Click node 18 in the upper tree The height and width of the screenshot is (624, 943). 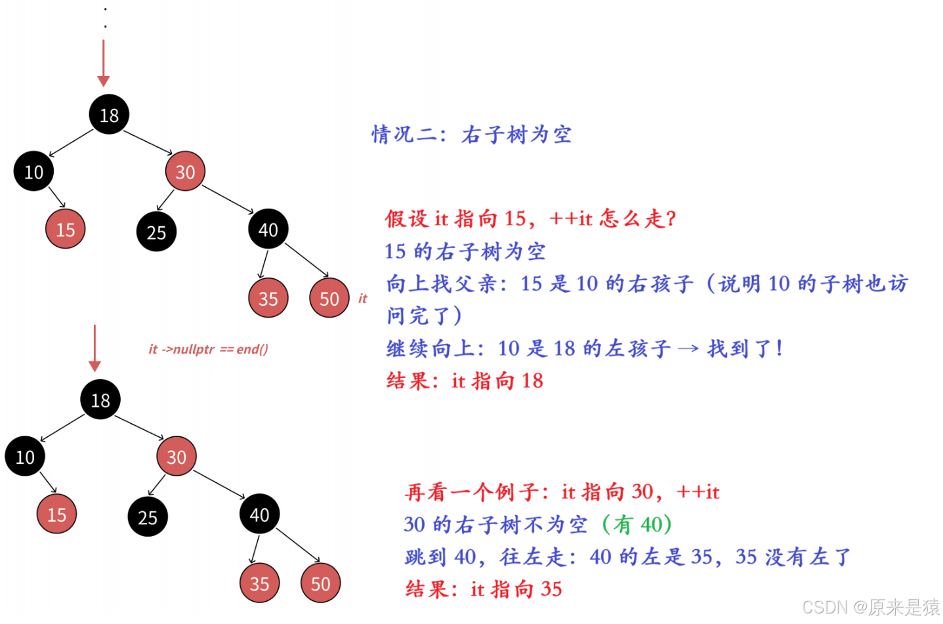coord(109,115)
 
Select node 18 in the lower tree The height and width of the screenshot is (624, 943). coord(100,399)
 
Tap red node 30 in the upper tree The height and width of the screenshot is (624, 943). coord(185,171)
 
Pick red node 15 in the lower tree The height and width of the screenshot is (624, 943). coord(57,514)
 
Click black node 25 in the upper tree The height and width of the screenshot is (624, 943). coord(156,232)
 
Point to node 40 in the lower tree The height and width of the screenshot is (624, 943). coord(259,514)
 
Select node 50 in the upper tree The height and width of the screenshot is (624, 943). coord(329,298)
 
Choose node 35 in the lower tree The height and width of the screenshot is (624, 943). coord(259,583)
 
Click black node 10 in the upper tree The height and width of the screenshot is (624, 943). coord(33,171)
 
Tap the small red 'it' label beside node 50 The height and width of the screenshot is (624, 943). coord(362,299)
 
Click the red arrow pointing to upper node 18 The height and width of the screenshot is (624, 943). coord(104,64)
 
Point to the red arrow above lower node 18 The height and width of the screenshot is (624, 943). coord(94,348)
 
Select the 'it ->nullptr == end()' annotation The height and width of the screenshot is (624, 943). coord(209,349)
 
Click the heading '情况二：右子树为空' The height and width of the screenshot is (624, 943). coord(471,135)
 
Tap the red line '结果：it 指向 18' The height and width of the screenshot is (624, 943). coord(465,381)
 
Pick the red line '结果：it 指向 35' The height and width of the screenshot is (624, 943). coord(484,589)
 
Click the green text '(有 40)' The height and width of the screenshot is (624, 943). coord(637,525)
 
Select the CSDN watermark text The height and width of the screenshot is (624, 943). coord(871,607)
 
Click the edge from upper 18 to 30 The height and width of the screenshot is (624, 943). coord(148,143)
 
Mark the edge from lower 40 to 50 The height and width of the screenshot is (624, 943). coord(298,545)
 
